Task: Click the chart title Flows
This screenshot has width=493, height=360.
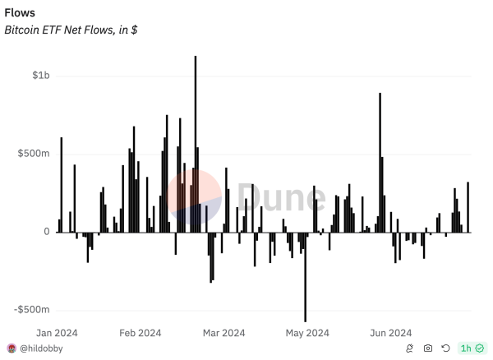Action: click(20, 13)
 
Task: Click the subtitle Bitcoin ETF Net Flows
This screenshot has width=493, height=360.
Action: click(71, 30)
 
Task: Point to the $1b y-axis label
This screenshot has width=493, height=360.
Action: click(41, 76)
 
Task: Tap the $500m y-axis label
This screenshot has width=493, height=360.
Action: click(35, 154)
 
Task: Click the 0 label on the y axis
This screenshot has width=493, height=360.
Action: click(48, 232)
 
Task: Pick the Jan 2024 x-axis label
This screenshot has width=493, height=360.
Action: click(56, 333)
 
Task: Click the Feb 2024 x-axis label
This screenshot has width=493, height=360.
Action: click(140, 333)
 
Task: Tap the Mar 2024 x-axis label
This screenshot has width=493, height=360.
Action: click(223, 333)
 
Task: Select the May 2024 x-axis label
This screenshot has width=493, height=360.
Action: click(306, 333)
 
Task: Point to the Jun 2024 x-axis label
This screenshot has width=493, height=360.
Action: click(390, 333)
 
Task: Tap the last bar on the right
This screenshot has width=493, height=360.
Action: click(468, 207)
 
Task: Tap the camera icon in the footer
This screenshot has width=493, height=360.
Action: click(427, 348)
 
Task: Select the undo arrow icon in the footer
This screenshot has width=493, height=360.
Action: click(445, 348)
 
